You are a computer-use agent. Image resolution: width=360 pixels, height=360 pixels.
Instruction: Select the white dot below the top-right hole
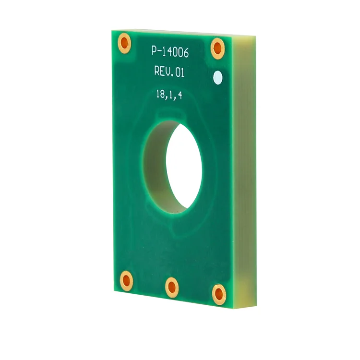coord(218,77)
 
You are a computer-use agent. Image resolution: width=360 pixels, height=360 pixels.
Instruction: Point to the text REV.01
coord(169,72)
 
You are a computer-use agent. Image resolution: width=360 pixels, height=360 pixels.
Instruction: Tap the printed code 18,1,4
coord(169,95)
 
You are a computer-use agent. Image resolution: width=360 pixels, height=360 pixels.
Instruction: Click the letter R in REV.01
coord(157,71)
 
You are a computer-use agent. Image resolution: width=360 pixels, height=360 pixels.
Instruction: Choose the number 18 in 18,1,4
coord(160,94)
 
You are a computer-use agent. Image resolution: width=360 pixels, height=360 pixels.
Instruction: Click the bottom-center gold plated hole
coord(172,287)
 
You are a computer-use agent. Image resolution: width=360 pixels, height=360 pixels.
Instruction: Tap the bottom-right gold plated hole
coord(219,293)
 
